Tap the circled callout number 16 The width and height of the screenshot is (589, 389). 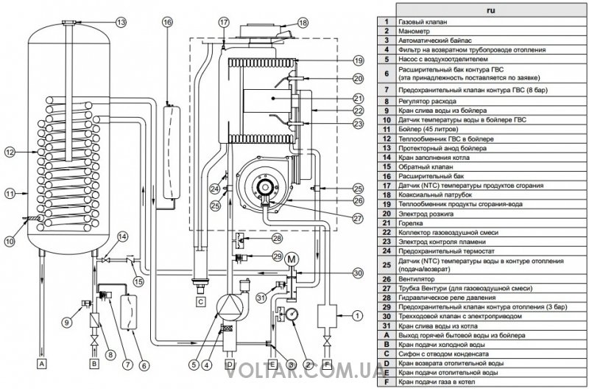coord(167,23)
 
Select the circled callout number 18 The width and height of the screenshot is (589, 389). coord(303,23)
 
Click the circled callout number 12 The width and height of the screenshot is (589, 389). coord(10,153)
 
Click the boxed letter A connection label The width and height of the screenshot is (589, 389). coord(43,363)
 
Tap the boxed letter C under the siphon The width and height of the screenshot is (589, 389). coord(200,301)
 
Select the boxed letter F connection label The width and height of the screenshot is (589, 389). coord(327,363)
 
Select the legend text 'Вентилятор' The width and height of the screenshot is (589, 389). coord(422,278)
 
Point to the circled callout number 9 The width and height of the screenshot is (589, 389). coord(68,320)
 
